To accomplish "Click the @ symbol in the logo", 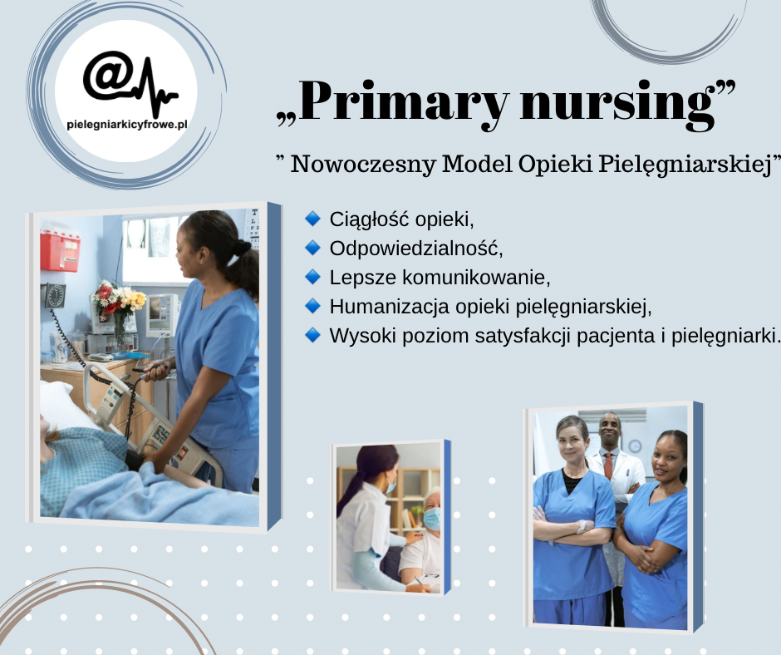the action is [108, 76].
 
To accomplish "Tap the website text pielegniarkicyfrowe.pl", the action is [126, 125].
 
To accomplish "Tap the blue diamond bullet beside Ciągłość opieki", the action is [312, 219].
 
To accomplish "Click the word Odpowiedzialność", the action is [416, 249].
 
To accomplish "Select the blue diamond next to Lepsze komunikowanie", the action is [312, 277].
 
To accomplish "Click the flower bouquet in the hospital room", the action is [118, 299].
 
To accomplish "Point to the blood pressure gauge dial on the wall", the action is [55, 296].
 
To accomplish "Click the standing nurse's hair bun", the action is [242, 247].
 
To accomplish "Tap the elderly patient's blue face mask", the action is [432, 519].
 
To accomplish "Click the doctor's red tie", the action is [608, 465].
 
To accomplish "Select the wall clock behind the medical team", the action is [635, 446].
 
